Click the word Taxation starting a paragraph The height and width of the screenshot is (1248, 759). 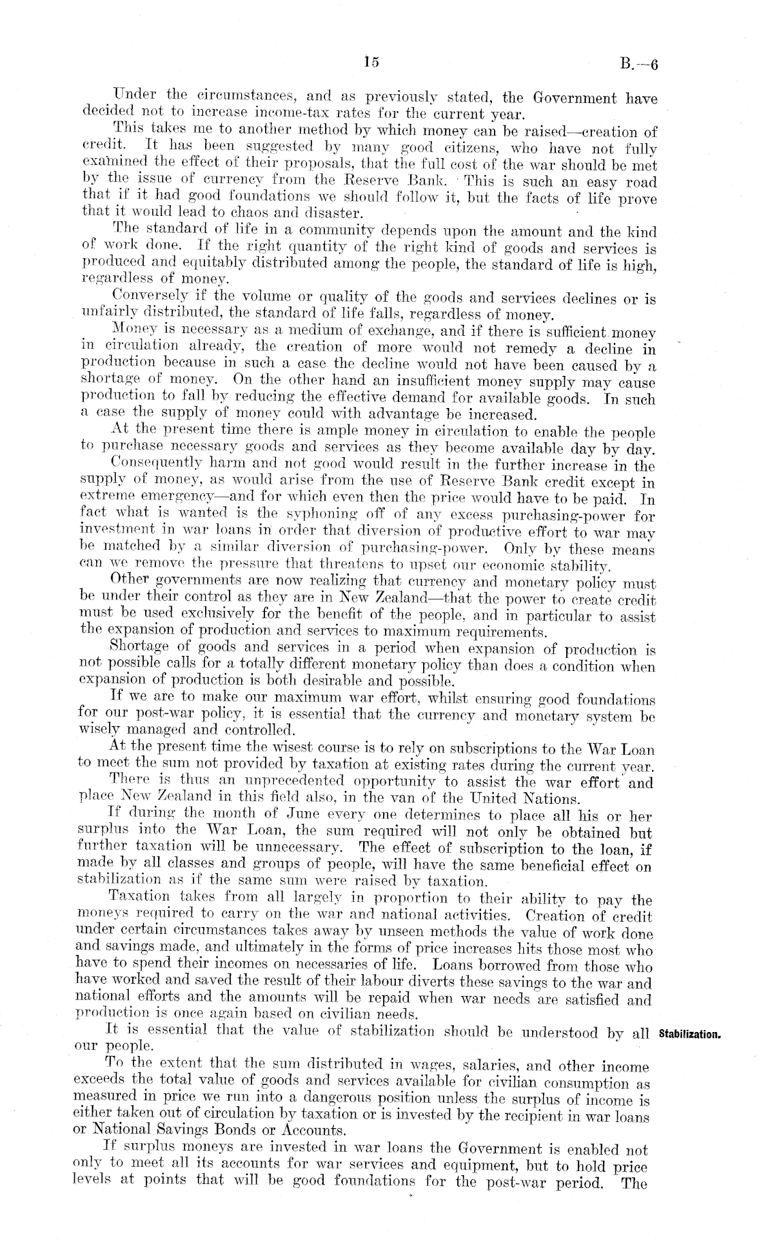click(138, 901)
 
